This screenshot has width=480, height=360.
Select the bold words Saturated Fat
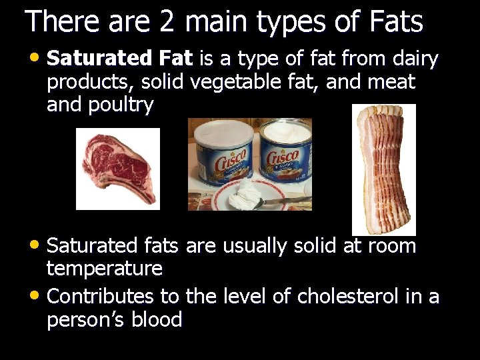click(120, 59)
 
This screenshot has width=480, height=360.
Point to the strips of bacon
click(383, 167)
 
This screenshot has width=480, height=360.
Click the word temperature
click(105, 269)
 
